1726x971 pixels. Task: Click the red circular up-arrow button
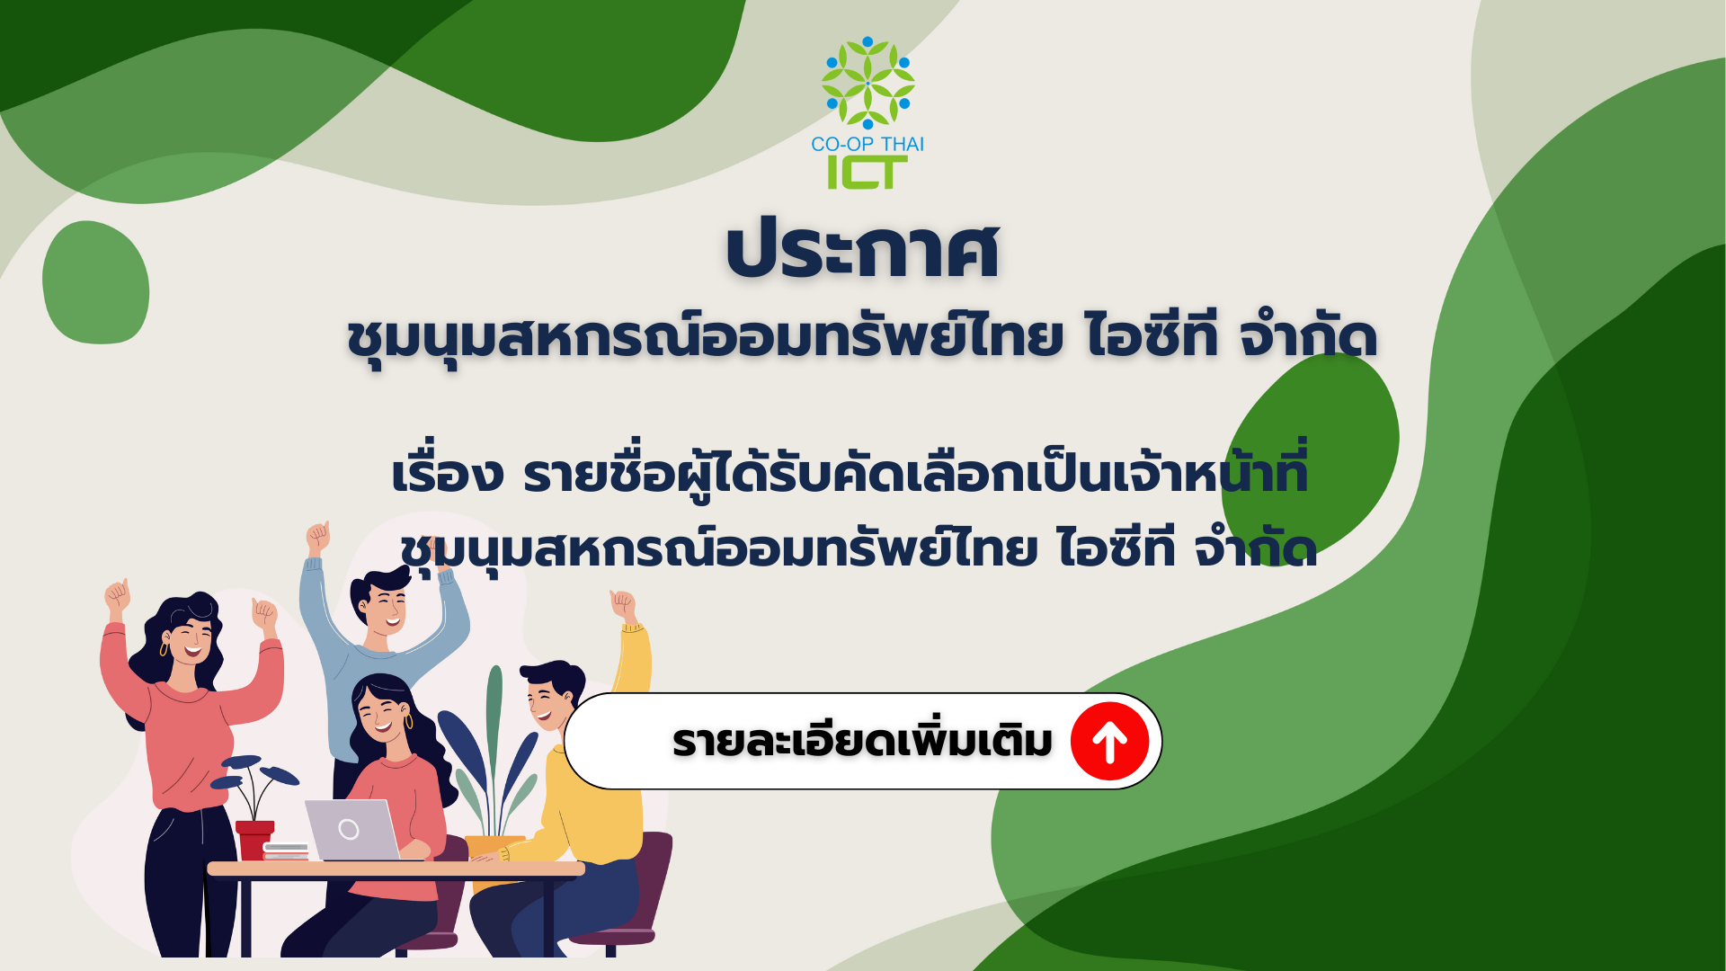click(x=1109, y=742)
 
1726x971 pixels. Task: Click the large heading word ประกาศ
click(x=863, y=250)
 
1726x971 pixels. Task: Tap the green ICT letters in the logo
click(x=867, y=173)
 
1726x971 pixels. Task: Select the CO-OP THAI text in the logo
click(x=867, y=144)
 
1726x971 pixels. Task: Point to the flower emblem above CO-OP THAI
click(x=867, y=83)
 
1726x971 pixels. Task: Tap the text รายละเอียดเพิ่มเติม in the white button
click(x=862, y=742)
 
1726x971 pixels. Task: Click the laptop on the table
click(x=352, y=830)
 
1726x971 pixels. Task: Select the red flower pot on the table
click(x=254, y=840)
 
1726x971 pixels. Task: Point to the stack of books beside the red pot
click(x=287, y=851)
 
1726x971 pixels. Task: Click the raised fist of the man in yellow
click(x=622, y=604)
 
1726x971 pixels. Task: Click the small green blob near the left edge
click(x=96, y=282)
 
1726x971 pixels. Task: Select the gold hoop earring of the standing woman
click(x=164, y=648)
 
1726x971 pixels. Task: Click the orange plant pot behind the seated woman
click(x=493, y=849)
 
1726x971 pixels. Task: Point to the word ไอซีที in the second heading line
click(x=1152, y=337)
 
